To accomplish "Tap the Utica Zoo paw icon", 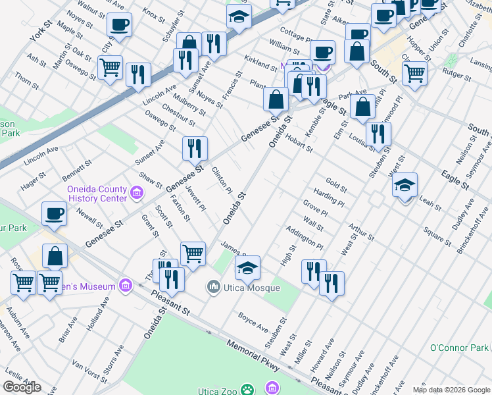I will (247, 390).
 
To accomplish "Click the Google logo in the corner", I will (22, 387).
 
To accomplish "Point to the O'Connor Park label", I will (460, 348).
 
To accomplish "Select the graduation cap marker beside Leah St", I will (405, 186).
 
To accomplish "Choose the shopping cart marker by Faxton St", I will (193, 253).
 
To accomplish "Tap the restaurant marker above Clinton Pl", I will (195, 149).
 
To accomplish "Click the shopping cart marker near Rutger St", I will (414, 74).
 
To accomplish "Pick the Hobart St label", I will (299, 144).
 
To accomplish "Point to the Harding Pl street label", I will (329, 197).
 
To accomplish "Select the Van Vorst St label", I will (89, 371).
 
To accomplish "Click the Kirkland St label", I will (260, 63).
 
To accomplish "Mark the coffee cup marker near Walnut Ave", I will (119, 26).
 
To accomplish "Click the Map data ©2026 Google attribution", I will (451, 389).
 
